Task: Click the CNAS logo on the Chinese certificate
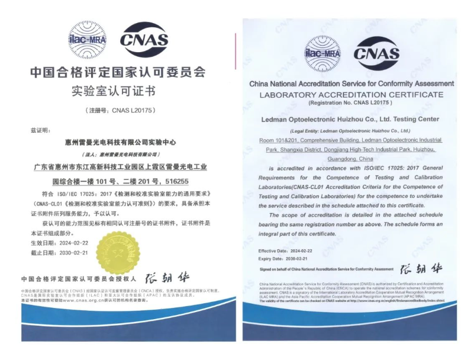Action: point(144,40)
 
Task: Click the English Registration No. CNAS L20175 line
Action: point(351,103)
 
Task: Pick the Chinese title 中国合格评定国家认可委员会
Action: point(117,73)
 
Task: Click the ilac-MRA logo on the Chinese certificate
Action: point(88,40)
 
